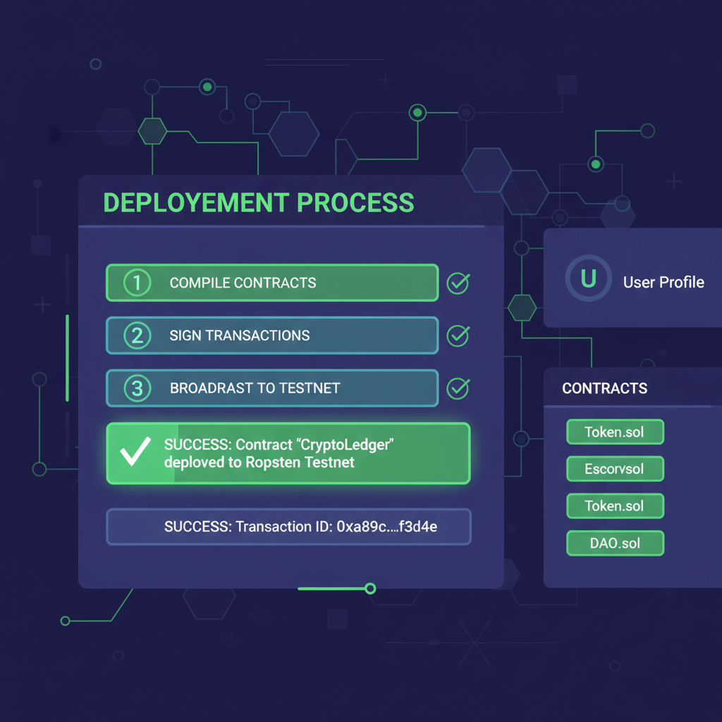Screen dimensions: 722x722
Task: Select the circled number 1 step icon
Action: point(137,283)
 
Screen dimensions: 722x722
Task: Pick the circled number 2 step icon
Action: point(137,336)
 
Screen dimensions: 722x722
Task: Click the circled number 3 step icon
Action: point(137,388)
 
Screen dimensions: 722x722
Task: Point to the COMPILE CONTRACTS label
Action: point(243,283)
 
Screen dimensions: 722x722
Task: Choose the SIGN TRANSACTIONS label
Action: point(240,336)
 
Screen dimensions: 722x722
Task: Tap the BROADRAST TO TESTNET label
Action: point(255,388)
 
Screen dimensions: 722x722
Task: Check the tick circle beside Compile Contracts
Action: point(458,283)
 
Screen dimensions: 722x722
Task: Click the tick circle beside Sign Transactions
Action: point(458,336)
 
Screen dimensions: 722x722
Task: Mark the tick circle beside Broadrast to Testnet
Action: point(458,387)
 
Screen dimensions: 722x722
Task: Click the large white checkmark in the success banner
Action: point(135,453)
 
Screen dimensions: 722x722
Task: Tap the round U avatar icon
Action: point(588,280)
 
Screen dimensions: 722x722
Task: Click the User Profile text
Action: point(663,282)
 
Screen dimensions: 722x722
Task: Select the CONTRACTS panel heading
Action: point(604,388)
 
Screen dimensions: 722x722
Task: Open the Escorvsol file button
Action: point(615,469)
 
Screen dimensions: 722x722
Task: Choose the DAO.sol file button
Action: point(615,543)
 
